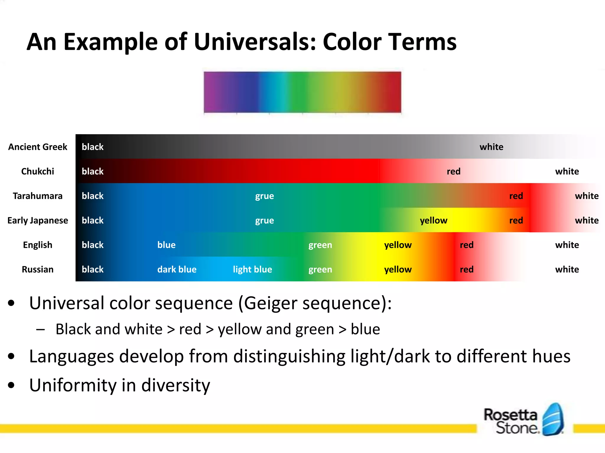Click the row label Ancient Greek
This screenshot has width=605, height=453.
pos(38,147)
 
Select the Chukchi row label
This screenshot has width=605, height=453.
pos(38,171)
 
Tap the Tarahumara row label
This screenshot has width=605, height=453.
pos(38,196)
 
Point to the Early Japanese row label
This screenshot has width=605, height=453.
pos(38,220)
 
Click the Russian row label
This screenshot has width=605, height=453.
pos(38,269)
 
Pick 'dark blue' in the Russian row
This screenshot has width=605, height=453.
pos(177,269)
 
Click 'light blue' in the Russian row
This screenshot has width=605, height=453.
pos(252,269)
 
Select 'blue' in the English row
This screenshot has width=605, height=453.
pos(166,245)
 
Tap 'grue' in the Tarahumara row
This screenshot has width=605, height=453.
pos(264,196)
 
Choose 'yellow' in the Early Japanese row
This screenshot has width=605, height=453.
pos(433,220)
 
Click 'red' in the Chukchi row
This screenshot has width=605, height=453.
pos(453,171)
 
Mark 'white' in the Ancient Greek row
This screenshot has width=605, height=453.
pos(491,147)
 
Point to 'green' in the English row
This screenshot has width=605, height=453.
pos(320,245)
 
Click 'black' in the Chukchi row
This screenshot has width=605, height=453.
pos(92,171)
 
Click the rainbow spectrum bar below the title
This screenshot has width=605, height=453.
pos(302,92)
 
